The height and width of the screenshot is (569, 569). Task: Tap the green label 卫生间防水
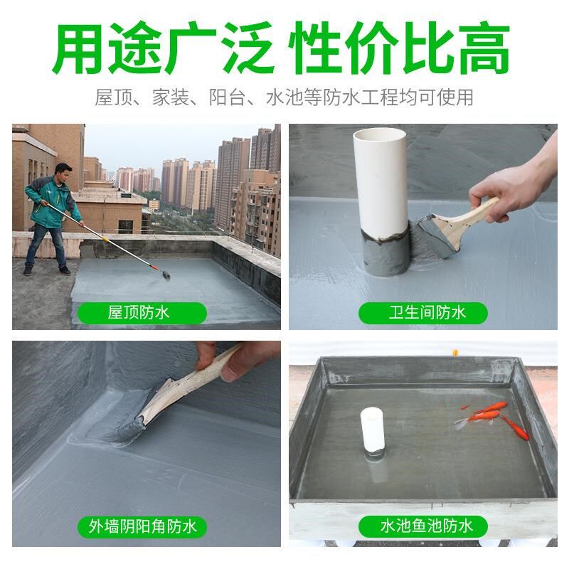pyautogui.click(x=422, y=312)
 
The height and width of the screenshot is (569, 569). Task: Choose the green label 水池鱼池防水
pyautogui.click(x=422, y=527)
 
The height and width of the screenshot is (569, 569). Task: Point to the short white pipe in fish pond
pyautogui.click(x=372, y=430)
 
